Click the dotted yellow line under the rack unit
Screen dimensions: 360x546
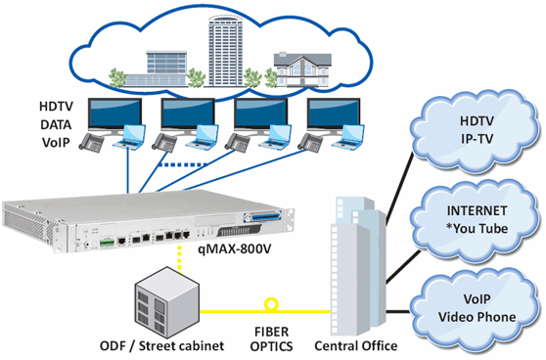tap(178, 256)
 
